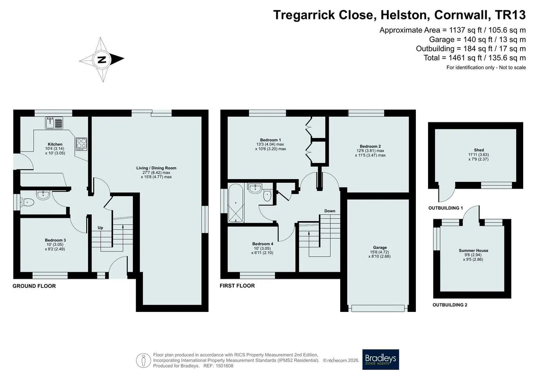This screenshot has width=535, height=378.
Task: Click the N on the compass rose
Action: (x=101, y=60)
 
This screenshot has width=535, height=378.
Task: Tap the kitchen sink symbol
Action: (x=54, y=123)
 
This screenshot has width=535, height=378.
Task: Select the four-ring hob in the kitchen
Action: (x=81, y=144)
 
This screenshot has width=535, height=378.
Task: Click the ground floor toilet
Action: (x=27, y=203)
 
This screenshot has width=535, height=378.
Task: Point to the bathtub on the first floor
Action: (x=236, y=203)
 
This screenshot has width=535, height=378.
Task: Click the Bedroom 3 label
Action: (x=55, y=241)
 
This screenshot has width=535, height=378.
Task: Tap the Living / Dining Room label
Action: (x=156, y=168)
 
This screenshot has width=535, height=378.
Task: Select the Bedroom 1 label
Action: (x=271, y=140)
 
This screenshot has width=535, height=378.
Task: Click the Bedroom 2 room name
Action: (x=370, y=146)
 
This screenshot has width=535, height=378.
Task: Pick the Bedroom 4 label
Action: (x=263, y=244)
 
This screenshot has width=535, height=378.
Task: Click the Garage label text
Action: (x=380, y=248)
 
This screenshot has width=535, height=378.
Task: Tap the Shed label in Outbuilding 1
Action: (x=479, y=150)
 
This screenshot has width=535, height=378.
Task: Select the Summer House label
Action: (x=473, y=250)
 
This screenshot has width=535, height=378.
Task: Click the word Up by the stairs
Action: (x=100, y=228)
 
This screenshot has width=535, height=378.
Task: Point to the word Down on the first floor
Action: (x=330, y=211)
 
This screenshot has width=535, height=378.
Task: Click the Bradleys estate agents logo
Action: (x=380, y=360)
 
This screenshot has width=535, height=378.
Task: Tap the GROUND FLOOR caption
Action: (x=34, y=286)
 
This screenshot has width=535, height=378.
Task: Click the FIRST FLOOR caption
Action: (x=237, y=286)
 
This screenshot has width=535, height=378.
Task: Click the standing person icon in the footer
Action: (x=143, y=360)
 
